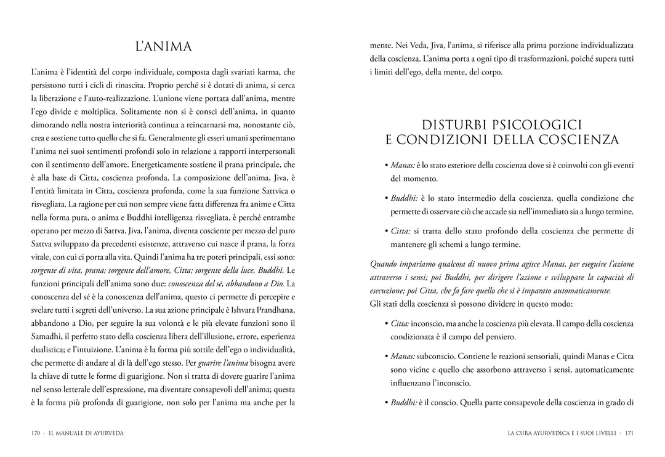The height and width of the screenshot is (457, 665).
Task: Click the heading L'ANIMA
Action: [x=163, y=47]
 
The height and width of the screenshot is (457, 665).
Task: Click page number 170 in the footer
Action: [x=36, y=433]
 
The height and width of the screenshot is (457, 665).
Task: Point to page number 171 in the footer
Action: [x=629, y=433]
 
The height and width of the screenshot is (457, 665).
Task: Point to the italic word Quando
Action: [x=384, y=264]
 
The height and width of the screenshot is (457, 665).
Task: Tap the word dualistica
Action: [x=51, y=349]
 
